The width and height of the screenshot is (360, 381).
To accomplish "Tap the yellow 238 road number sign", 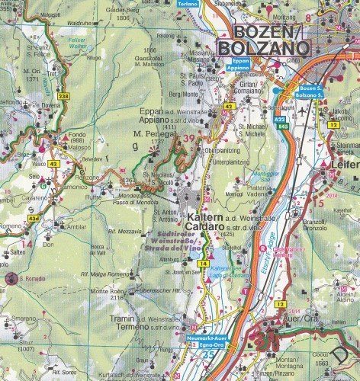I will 42,97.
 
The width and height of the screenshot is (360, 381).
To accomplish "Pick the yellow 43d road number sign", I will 33,218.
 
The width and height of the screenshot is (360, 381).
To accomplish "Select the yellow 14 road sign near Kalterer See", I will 202,264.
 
